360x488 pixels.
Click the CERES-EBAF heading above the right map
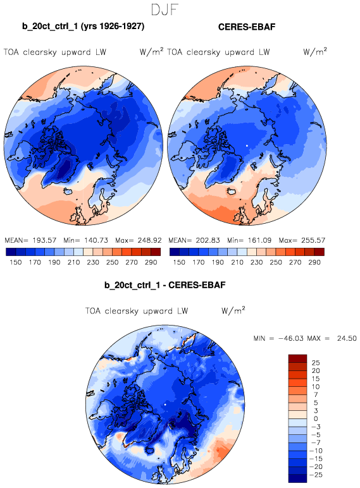[x=247, y=27]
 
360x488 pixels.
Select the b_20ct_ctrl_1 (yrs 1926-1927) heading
[x=83, y=26]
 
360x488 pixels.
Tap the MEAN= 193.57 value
[x=30, y=240]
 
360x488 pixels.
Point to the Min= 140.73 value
[x=85, y=240]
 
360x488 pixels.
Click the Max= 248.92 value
[x=139, y=240]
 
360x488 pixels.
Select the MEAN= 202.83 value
[x=194, y=240]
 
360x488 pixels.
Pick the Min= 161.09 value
[x=249, y=240]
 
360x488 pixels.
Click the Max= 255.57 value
[x=302, y=240]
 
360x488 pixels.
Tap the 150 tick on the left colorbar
[x=16, y=262]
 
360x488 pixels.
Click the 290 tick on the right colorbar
[x=314, y=262]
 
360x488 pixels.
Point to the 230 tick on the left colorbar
[x=93, y=262]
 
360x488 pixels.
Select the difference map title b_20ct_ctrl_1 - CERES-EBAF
[x=164, y=285]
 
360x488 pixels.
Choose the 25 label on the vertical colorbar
[x=316, y=363]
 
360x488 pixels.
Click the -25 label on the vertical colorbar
[x=316, y=475]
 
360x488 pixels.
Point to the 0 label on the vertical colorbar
[x=316, y=419]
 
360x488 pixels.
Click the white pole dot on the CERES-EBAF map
[x=247, y=145]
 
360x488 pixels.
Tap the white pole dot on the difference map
[x=165, y=405]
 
